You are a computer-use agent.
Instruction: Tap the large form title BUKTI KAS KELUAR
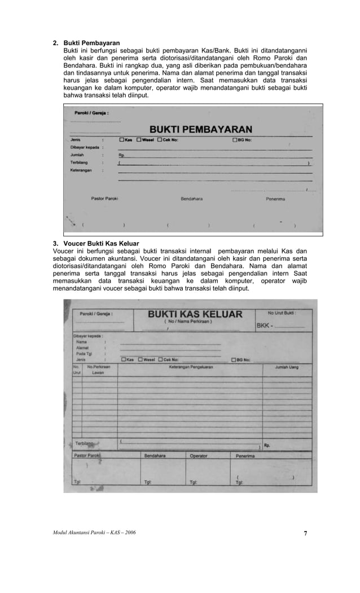click(x=195, y=314)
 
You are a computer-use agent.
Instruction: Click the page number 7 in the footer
click(x=305, y=533)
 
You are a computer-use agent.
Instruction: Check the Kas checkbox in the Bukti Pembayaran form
click(x=121, y=140)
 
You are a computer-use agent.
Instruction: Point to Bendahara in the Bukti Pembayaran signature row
click(x=191, y=199)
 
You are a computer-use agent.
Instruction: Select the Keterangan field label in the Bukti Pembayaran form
click(x=82, y=169)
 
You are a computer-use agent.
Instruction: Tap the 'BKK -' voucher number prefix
click(x=264, y=326)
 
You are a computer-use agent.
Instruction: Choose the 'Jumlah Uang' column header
click(x=287, y=367)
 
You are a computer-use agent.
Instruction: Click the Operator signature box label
click(x=199, y=455)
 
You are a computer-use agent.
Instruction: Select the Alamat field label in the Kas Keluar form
click(x=83, y=348)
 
